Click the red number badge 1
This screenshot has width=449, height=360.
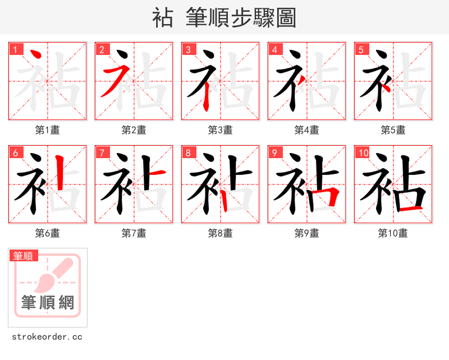pyautogui.click(x=15, y=49)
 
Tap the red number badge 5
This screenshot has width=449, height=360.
pyautogui.click(x=361, y=49)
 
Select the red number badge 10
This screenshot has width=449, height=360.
pyautogui.click(x=363, y=153)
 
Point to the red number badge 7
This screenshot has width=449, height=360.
pyautogui.click(x=102, y=153)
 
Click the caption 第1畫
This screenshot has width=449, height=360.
pyautogui.click(x=48, y=130)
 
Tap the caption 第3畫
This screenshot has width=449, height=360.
pyautogui.click(x=221, y=130)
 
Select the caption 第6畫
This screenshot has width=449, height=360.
pyautogui.click(x=48, y=233)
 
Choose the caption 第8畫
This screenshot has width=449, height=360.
pyautogui.click(x=221, y=233)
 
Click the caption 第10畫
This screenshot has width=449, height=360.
pyautogui.click(x=393, y=233)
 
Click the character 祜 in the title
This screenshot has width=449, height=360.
pyautogui.click(x=163, y=18)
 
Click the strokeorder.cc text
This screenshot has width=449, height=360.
pyautogui.click(x=47, y=337)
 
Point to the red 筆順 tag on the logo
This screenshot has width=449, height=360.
pyautogui.click(x=24, y=256)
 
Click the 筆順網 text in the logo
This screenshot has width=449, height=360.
pyautogui.click(x=48, y=302)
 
